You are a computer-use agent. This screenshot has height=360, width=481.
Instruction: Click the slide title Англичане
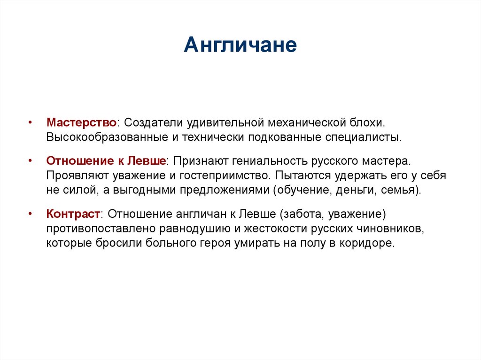240,46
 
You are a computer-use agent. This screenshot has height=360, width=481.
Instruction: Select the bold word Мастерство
81,122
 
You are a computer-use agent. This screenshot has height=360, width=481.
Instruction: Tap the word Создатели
154,122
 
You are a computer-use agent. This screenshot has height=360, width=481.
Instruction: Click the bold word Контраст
73,214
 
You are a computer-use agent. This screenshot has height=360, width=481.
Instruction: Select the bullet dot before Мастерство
30,122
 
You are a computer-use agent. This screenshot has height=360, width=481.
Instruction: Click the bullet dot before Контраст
30,214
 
